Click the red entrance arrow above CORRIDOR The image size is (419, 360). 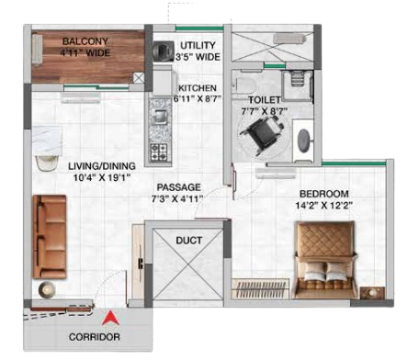(110, 319)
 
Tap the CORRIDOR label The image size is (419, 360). (95, 337)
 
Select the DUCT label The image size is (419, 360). (189, 241)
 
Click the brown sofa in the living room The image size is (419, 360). (50, 237)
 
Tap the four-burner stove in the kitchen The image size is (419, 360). (159, 152)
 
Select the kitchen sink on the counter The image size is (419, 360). (159, 116)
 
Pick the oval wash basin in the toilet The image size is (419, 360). (303, 141)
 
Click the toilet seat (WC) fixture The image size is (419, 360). (243, 84)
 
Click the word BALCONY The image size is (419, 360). (85, 41)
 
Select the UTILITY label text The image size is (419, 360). (198, 46)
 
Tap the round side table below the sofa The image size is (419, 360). (47, 289)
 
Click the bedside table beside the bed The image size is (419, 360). (372, 293)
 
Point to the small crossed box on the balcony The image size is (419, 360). (139, 78)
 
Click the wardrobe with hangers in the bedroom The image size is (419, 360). (261, 288)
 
